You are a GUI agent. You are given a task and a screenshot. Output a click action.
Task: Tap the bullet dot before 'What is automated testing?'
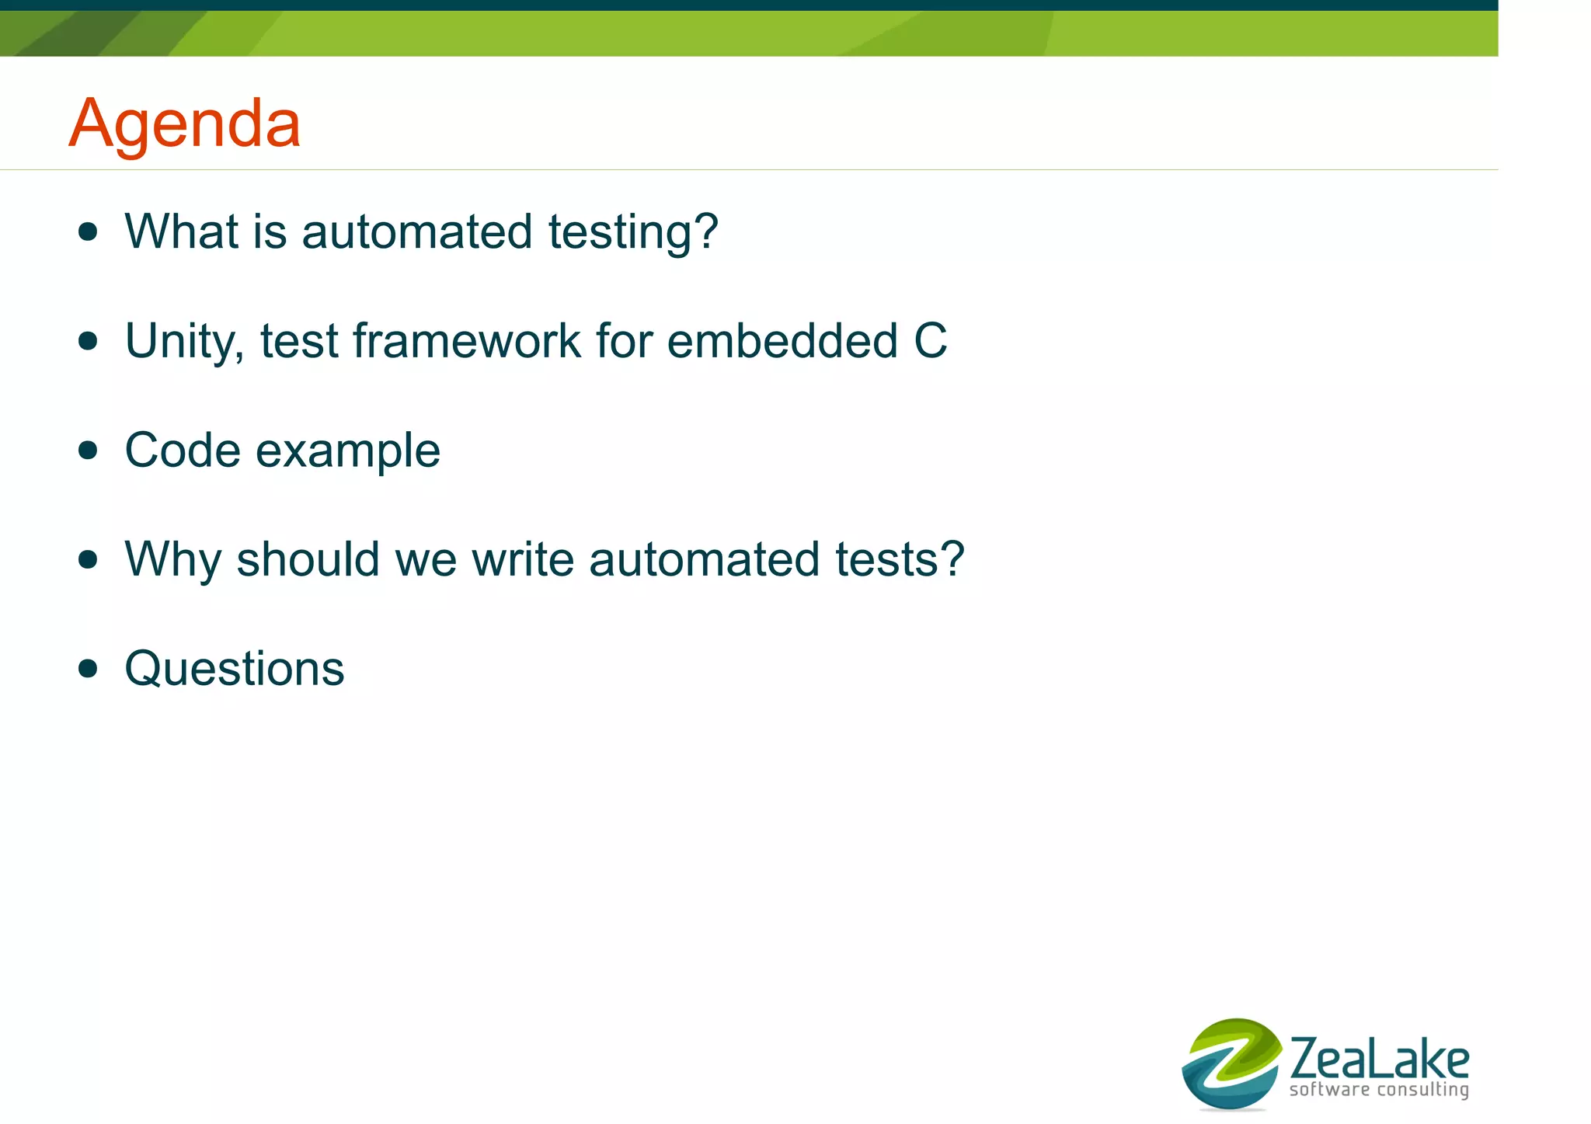click(89, 231)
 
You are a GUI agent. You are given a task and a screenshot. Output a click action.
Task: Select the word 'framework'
click(467, 341)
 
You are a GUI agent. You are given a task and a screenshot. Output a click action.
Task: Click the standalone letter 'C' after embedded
click(930, 341)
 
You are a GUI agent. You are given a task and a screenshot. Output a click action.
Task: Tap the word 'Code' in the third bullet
click(183, 451)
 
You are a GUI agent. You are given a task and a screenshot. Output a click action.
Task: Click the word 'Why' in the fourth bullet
click(172, 560)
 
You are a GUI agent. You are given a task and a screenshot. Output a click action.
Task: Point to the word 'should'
click(308, 559)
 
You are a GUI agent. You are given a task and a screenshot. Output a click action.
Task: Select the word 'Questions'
click(234, 669)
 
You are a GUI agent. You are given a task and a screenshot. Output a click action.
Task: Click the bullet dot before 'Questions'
click(89, 668)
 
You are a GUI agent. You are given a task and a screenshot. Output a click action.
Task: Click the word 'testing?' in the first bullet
click(633, 232)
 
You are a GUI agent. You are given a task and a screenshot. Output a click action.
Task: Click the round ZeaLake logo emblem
click(1231, 1063)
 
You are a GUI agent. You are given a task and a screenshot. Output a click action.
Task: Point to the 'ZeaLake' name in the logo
click(1379, 1059)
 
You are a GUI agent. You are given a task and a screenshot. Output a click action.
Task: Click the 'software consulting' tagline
click(1379, 1090)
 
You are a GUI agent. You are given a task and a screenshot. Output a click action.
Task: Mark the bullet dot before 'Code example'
click(89, 451)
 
